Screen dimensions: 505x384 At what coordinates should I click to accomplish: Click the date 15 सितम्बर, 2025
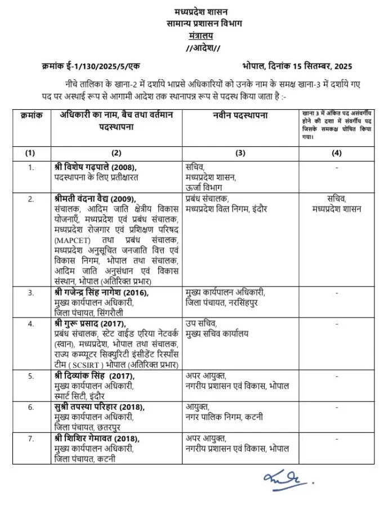click(320, 66)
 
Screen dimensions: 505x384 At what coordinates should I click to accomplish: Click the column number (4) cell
click(336, 153)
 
